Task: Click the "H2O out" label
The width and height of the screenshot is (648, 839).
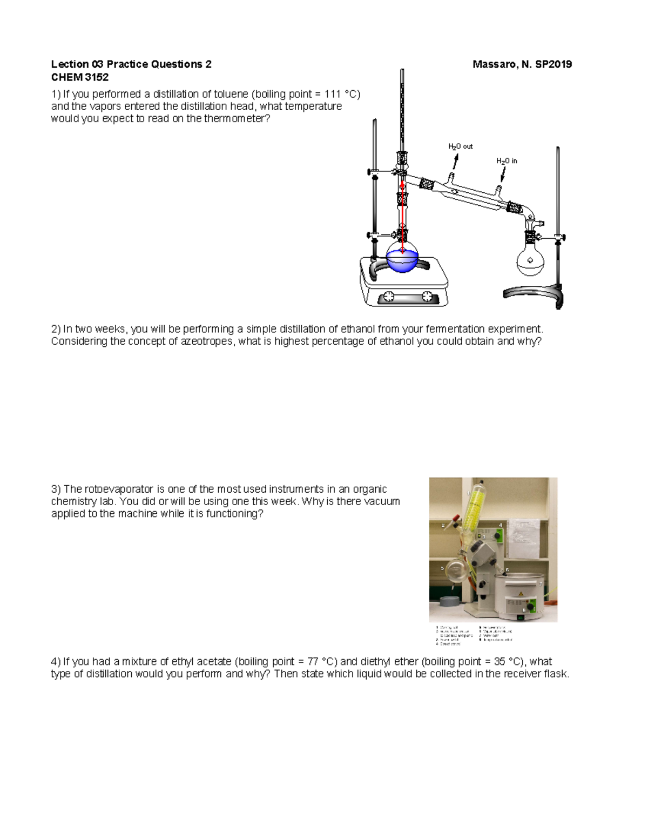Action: pos(460,146)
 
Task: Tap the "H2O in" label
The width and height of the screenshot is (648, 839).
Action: pos(507,161)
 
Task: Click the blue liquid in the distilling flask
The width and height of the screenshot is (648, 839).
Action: pos(402,261)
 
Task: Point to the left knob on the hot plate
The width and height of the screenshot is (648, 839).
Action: pos(388,296)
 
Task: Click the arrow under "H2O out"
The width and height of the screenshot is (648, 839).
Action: pos(456,161)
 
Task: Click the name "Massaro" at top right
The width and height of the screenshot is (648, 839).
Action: pos(493,65)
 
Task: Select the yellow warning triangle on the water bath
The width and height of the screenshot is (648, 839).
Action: pos(521,593)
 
